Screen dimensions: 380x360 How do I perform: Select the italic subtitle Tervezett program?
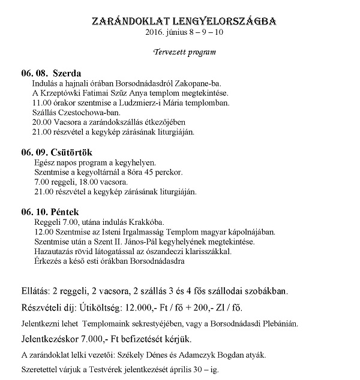184,52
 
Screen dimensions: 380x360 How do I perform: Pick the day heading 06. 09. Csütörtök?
57,152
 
